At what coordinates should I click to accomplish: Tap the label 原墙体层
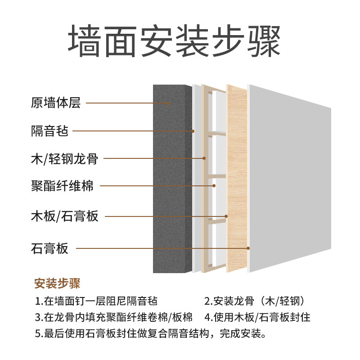click(x=56, y=103)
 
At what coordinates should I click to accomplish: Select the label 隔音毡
click(x=49, y=131)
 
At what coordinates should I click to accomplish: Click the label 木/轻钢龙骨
click(x=65, y=158)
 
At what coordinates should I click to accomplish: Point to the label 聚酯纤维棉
click(x=62, y=185)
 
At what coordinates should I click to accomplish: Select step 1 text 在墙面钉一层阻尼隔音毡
click(x=96, y=301)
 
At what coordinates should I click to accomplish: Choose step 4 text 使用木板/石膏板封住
click(x=257, y=317)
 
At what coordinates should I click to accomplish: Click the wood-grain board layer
click(x=236, y=180)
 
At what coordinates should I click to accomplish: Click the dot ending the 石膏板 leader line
click(x=248, y=248)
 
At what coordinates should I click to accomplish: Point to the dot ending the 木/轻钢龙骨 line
click(x=204, y=158)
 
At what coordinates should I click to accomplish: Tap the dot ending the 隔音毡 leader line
click(x=193, y=131)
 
